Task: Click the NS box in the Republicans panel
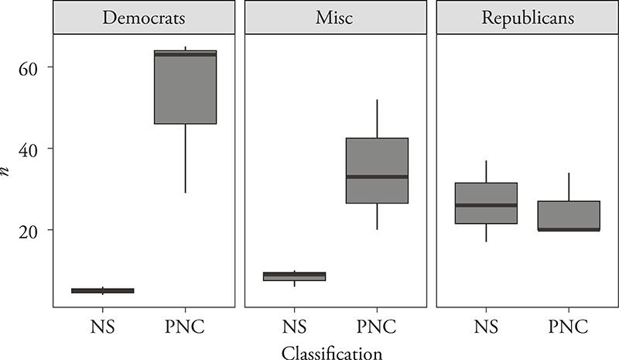pos(486,203)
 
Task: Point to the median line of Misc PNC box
pos(376,177)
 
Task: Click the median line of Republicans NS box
pos(486,205)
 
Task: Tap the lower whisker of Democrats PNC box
pos(184,159)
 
